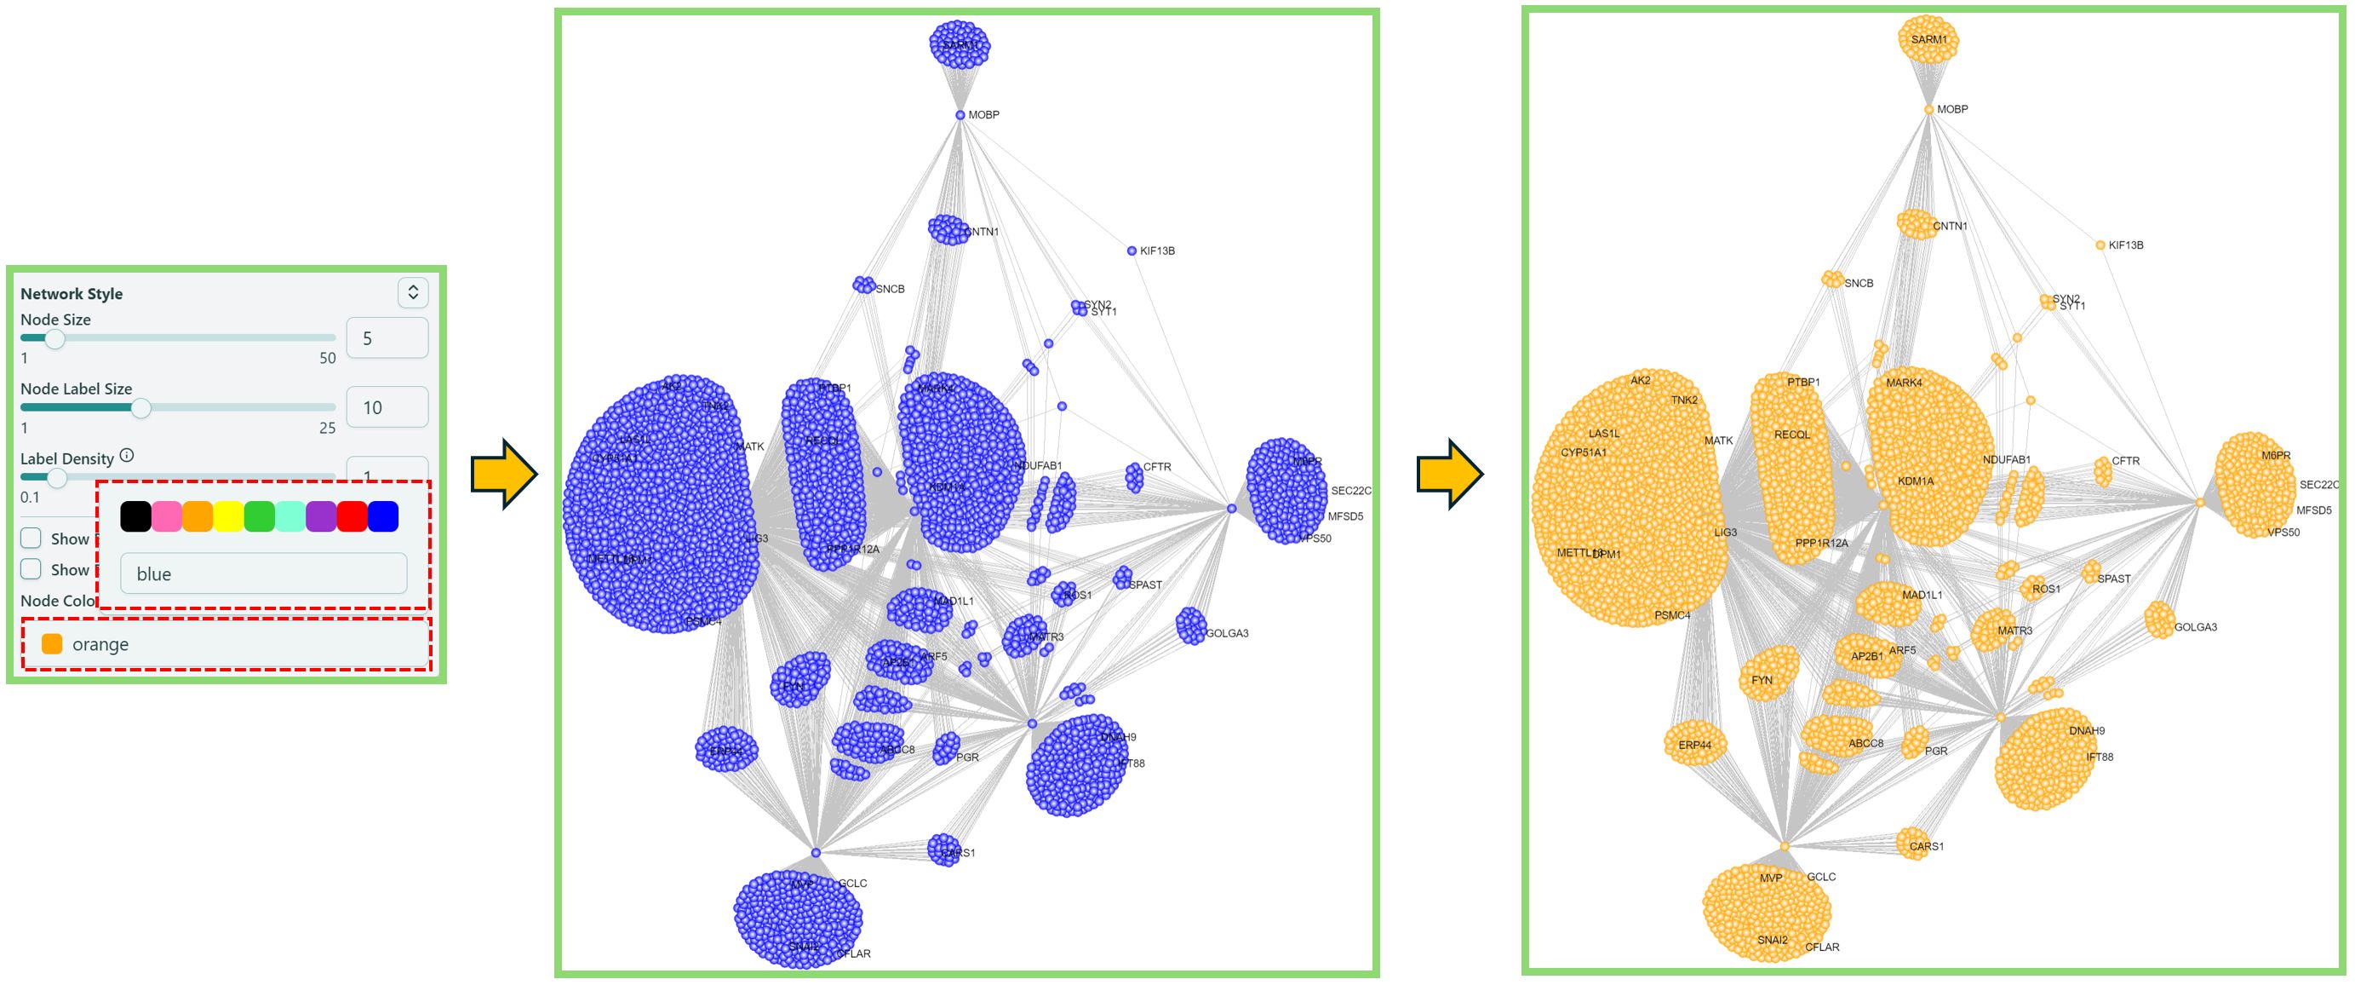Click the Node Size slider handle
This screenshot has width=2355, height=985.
[54, 339]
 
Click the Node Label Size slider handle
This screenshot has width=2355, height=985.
[140, 408]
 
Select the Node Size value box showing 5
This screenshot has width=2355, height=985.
[387, 338]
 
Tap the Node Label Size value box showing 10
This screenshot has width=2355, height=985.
[387, 408]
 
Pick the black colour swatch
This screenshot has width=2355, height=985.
[135, 516]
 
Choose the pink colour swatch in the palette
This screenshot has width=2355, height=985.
[166, 516]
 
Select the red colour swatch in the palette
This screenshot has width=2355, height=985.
[352, 516]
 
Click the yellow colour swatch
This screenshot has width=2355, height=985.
[228, 516]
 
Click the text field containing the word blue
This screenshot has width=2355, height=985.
[263, 574]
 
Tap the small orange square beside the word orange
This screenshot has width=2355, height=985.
[52, 644]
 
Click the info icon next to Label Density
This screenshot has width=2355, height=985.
[127, 456]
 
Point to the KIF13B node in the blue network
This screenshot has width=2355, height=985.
[1132, 251]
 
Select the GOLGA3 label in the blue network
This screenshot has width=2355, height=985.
[1227, 633]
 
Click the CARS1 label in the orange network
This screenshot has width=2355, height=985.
[1926, 846]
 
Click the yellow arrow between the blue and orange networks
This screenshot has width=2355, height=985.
[1449, 474]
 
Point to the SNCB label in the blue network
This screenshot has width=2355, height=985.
[890, 289]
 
